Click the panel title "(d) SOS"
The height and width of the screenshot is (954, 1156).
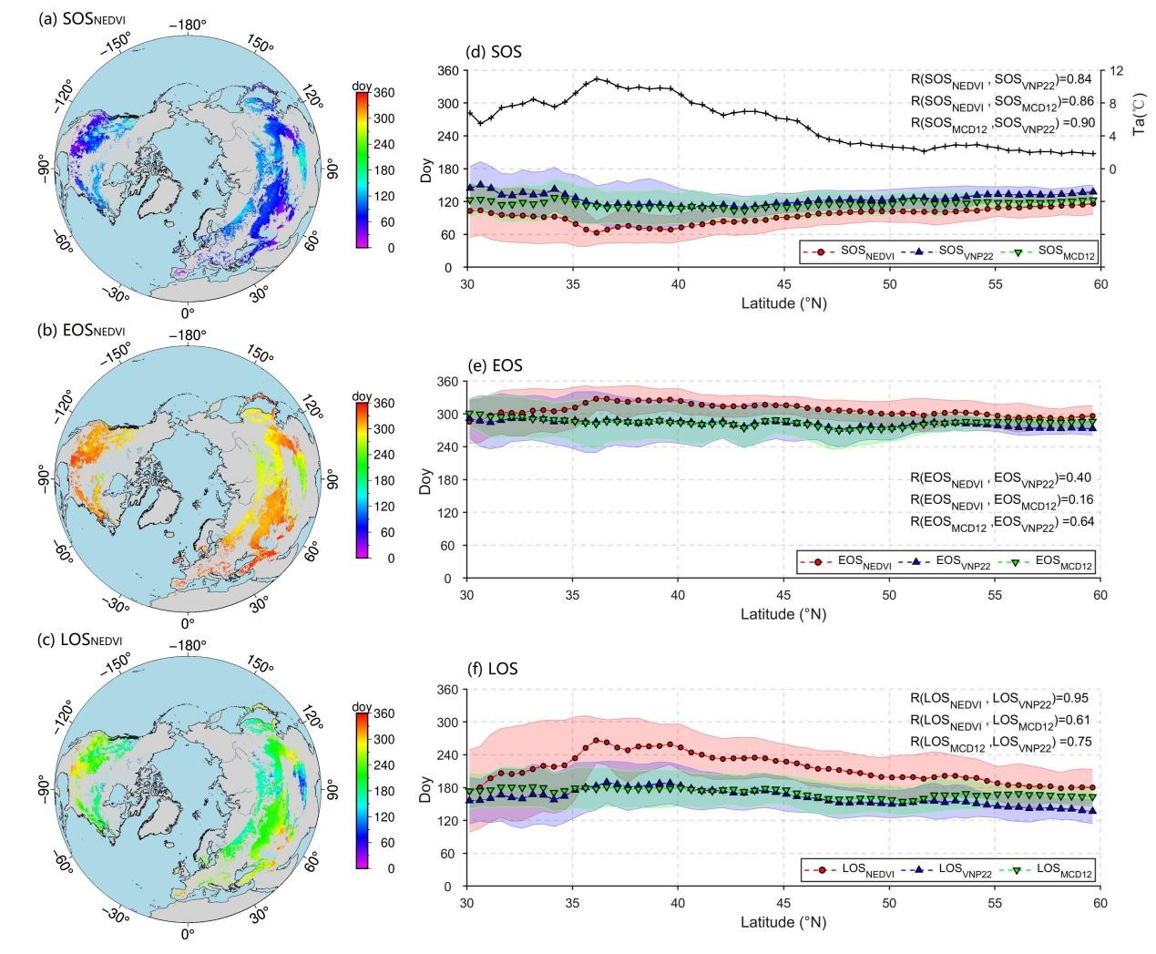[x=493, y=52]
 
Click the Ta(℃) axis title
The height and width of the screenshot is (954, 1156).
[x=1138, y=118]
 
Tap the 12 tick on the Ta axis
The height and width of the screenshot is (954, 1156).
[x=1117, y=71]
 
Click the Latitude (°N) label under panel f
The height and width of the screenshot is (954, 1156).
[x=783, y=921]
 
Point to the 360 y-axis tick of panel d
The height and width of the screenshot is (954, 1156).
[x=446, y=71]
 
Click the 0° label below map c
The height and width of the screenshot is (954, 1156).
[x=188, y=934]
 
